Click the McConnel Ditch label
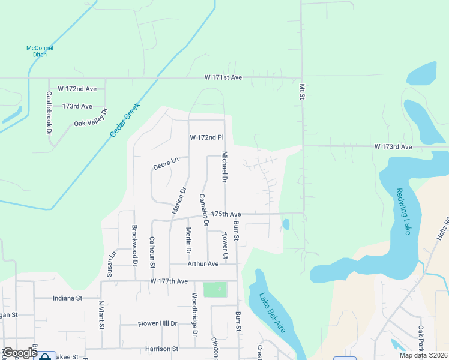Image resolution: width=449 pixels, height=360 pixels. pos(40,51)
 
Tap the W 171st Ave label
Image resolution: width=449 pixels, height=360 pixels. pos(223,77)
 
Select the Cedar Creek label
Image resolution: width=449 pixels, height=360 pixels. pos(125,119)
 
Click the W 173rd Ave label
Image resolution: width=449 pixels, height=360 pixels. pos(393,146)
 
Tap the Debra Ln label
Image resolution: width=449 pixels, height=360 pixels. pos(166,163)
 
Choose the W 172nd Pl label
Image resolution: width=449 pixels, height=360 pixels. pos(206,137)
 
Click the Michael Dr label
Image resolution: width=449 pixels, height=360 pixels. pos(224,167)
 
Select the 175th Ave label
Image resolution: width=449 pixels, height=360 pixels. pos(226,214)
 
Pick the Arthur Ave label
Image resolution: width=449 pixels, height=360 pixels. pos(203,263)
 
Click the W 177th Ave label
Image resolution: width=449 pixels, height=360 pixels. pos(169,281)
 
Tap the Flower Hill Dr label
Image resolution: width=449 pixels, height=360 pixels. pos(158,323)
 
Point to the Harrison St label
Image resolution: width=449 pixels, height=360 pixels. pos(162,348)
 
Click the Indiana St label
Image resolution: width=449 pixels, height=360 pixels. pos(67,298)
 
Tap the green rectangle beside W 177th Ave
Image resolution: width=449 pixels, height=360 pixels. pos(215,289)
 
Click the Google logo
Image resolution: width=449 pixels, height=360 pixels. pos(19,353)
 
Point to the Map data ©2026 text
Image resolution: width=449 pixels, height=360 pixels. pos(423,355)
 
